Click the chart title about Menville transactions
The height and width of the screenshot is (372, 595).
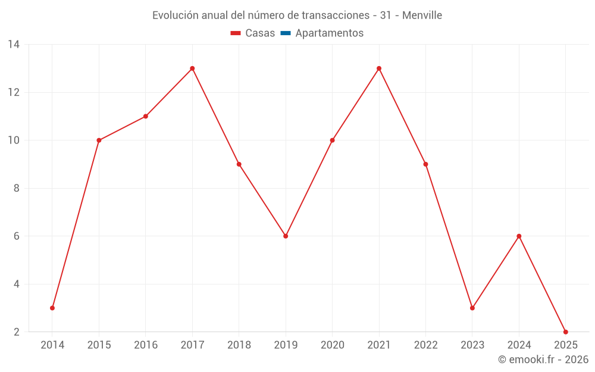point(297,15)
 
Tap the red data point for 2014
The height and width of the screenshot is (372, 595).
point(52,308)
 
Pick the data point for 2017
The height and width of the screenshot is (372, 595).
point(192,68)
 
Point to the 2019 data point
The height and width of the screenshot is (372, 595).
point(286,236)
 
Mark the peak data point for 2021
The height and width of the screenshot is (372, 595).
point(379,68)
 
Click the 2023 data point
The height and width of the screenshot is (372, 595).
point(472,308)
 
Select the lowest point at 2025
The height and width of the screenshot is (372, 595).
point(565,332)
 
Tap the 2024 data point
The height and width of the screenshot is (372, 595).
point(519,236)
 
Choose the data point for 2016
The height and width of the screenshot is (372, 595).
point(146,116)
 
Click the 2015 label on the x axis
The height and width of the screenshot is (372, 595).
point(99,345)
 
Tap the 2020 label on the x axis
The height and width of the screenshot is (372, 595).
point(332,345)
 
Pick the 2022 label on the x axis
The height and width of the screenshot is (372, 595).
point(425,345)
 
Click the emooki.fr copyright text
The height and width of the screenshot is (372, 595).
point(543,360)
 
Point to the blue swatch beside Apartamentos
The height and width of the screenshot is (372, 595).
point(286,33)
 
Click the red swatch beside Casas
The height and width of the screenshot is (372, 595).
point(236,33)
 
